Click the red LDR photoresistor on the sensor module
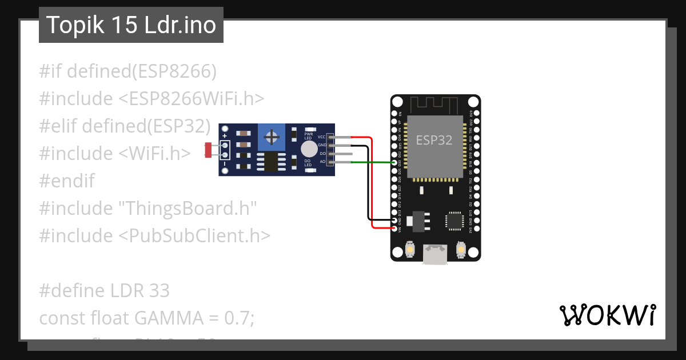(208, 150)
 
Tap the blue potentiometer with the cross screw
(272, 137)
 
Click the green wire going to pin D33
(372, 163)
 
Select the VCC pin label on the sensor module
(322, 137)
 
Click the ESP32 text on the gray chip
(434, 140)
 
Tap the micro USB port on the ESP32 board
(435, 254)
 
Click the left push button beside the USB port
(409, 250)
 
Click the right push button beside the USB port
(461, 250)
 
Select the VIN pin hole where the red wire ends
(394, 229)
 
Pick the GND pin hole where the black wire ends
(394, 220)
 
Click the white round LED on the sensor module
(308, 150)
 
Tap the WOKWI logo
(607, 315)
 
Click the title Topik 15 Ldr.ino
(131, 26)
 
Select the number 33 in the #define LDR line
(158, 291)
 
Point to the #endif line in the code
(67, 181)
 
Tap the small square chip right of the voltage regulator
(454, 220)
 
